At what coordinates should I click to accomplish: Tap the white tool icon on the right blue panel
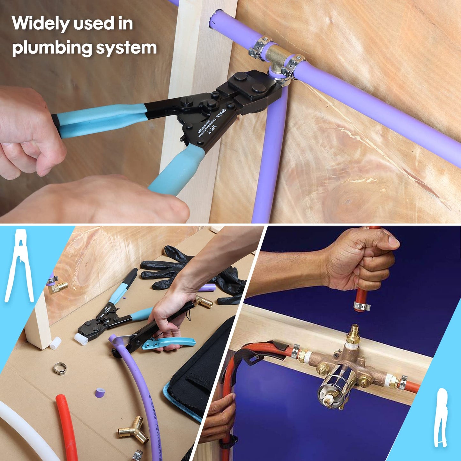[x=441, y=418]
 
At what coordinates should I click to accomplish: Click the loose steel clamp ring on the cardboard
[x=60, y=368]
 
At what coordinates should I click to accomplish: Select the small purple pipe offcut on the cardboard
[x=100, y=393]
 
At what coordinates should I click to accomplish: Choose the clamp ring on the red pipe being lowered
[x=362, y=307]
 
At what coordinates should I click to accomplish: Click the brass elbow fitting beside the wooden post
[x=59, y=287]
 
